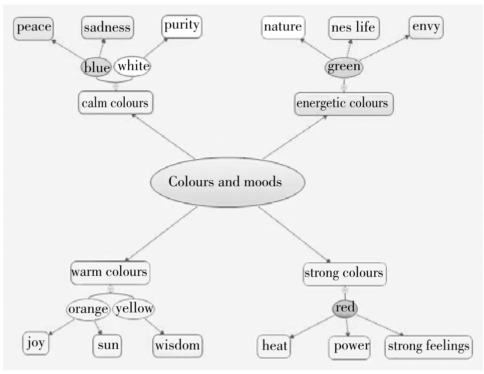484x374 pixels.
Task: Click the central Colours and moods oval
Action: click(x=227, y=181)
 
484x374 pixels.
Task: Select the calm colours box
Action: click(x=115, y=103)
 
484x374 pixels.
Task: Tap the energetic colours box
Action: click(x=343, y=104)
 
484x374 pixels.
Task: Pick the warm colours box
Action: click(x=110, y=272)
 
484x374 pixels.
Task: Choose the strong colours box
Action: click(x=344, y=273)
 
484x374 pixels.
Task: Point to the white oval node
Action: click(x=133, y=66)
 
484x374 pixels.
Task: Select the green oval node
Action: click(x=344, y=67)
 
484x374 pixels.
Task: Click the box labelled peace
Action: click(x=34, y=27)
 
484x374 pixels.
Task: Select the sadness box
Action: click(x=107, y=28)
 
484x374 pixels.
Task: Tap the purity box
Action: click(x=181, y=26)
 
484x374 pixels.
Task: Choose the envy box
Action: click(x=426, y=27)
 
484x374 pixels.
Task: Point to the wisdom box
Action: click(x=177, y=345)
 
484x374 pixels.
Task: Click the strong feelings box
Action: click(x=429, y=346)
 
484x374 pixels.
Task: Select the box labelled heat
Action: click(x=275, y=346)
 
